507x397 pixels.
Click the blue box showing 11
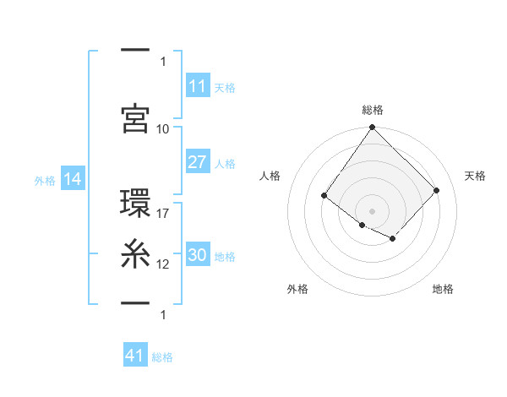coord(198,86)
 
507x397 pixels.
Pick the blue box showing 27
coord(198,163)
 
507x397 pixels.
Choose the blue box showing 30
coord(198,256)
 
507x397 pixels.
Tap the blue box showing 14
coord(73,179)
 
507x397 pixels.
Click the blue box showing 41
coord(135,356)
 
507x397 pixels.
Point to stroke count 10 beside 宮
coord(163,129)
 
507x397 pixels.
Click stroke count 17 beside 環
coord(163,214)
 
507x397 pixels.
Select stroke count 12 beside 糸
coord(163,264)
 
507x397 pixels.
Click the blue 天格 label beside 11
coord(225,88)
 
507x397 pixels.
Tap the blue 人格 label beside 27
coord(225,164)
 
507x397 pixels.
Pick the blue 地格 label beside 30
coord(225,257)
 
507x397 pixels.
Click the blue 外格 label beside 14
coord(45,180)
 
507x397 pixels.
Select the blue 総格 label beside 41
coord(163,357)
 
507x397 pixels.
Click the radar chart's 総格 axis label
coord(373,110)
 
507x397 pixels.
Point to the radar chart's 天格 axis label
coord(475,176)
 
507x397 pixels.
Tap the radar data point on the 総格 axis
coord(372,128)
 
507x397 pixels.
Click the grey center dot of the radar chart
coord(372,210)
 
